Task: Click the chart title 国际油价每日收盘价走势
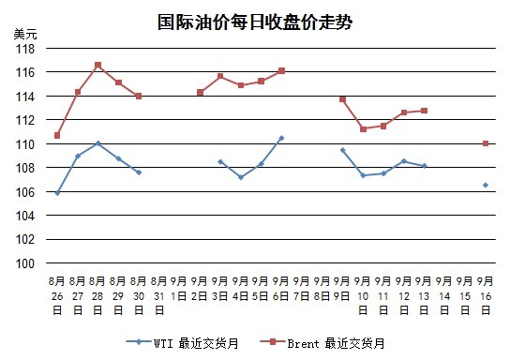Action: coord(255,22)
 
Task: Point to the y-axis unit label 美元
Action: coord(25,34)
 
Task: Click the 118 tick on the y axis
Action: coord(25,49)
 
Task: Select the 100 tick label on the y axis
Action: coord(25,263)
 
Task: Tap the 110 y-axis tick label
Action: coord(25,144)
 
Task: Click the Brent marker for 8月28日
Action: coord(97,66)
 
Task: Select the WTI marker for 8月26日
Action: coord(57,193)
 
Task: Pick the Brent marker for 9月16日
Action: coord(486,143)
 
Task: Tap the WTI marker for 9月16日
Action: coord(486,185)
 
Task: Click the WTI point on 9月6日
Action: coord(281,138)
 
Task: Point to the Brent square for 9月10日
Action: coord(364,129)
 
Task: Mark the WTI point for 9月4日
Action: coord(241,177)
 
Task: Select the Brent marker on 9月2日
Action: coord(200,93)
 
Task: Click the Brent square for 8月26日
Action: coord(57,135)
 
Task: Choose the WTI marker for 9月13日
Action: coord(424,166)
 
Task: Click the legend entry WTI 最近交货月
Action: coord(183,343)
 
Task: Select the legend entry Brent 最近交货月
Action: coord(322,343)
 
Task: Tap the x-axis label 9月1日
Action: coord(179,289)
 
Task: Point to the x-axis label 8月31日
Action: coord(158,295)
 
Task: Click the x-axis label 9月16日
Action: coord(486,295)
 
